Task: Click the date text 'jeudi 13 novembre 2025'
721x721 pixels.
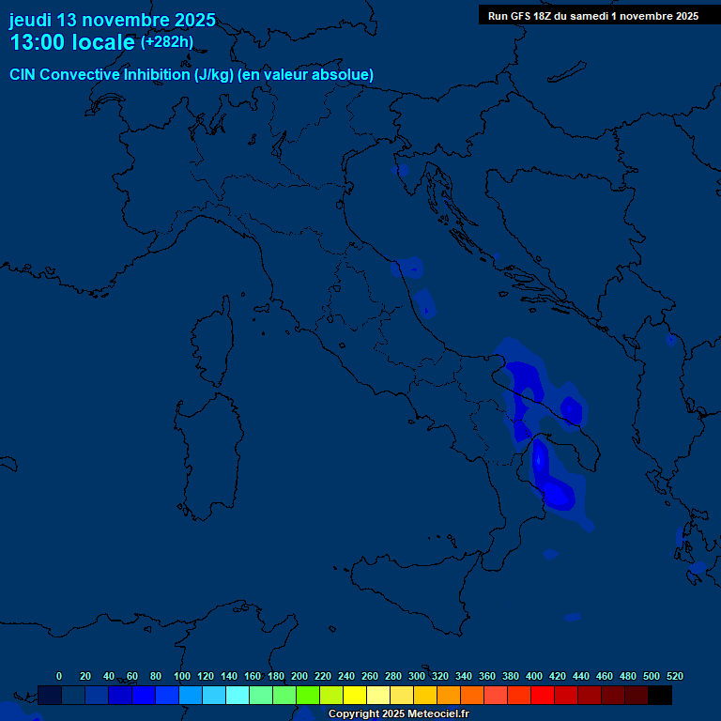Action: pos(112,20)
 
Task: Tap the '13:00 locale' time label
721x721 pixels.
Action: pos(72,42)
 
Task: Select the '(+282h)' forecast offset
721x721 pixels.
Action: pos(166,42)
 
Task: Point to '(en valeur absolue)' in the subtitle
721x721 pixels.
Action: pos(305,75)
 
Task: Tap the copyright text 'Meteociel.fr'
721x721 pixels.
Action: pos(437,714)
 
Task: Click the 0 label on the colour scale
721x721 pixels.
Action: pos(59,676)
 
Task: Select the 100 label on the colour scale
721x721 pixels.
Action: pos(181,676)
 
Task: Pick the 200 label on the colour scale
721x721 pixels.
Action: pos(299,676)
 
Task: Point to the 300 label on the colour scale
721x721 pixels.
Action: pos(417,676)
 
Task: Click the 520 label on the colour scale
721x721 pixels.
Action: pos(675,676)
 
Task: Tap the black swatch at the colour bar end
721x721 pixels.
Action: pos(659,695)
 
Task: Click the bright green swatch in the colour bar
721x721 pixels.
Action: pos(307,695)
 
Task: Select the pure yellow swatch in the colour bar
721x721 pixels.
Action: pos(354,695)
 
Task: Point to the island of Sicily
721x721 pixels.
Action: pos(413,591)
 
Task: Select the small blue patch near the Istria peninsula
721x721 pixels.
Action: pos(400,170)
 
